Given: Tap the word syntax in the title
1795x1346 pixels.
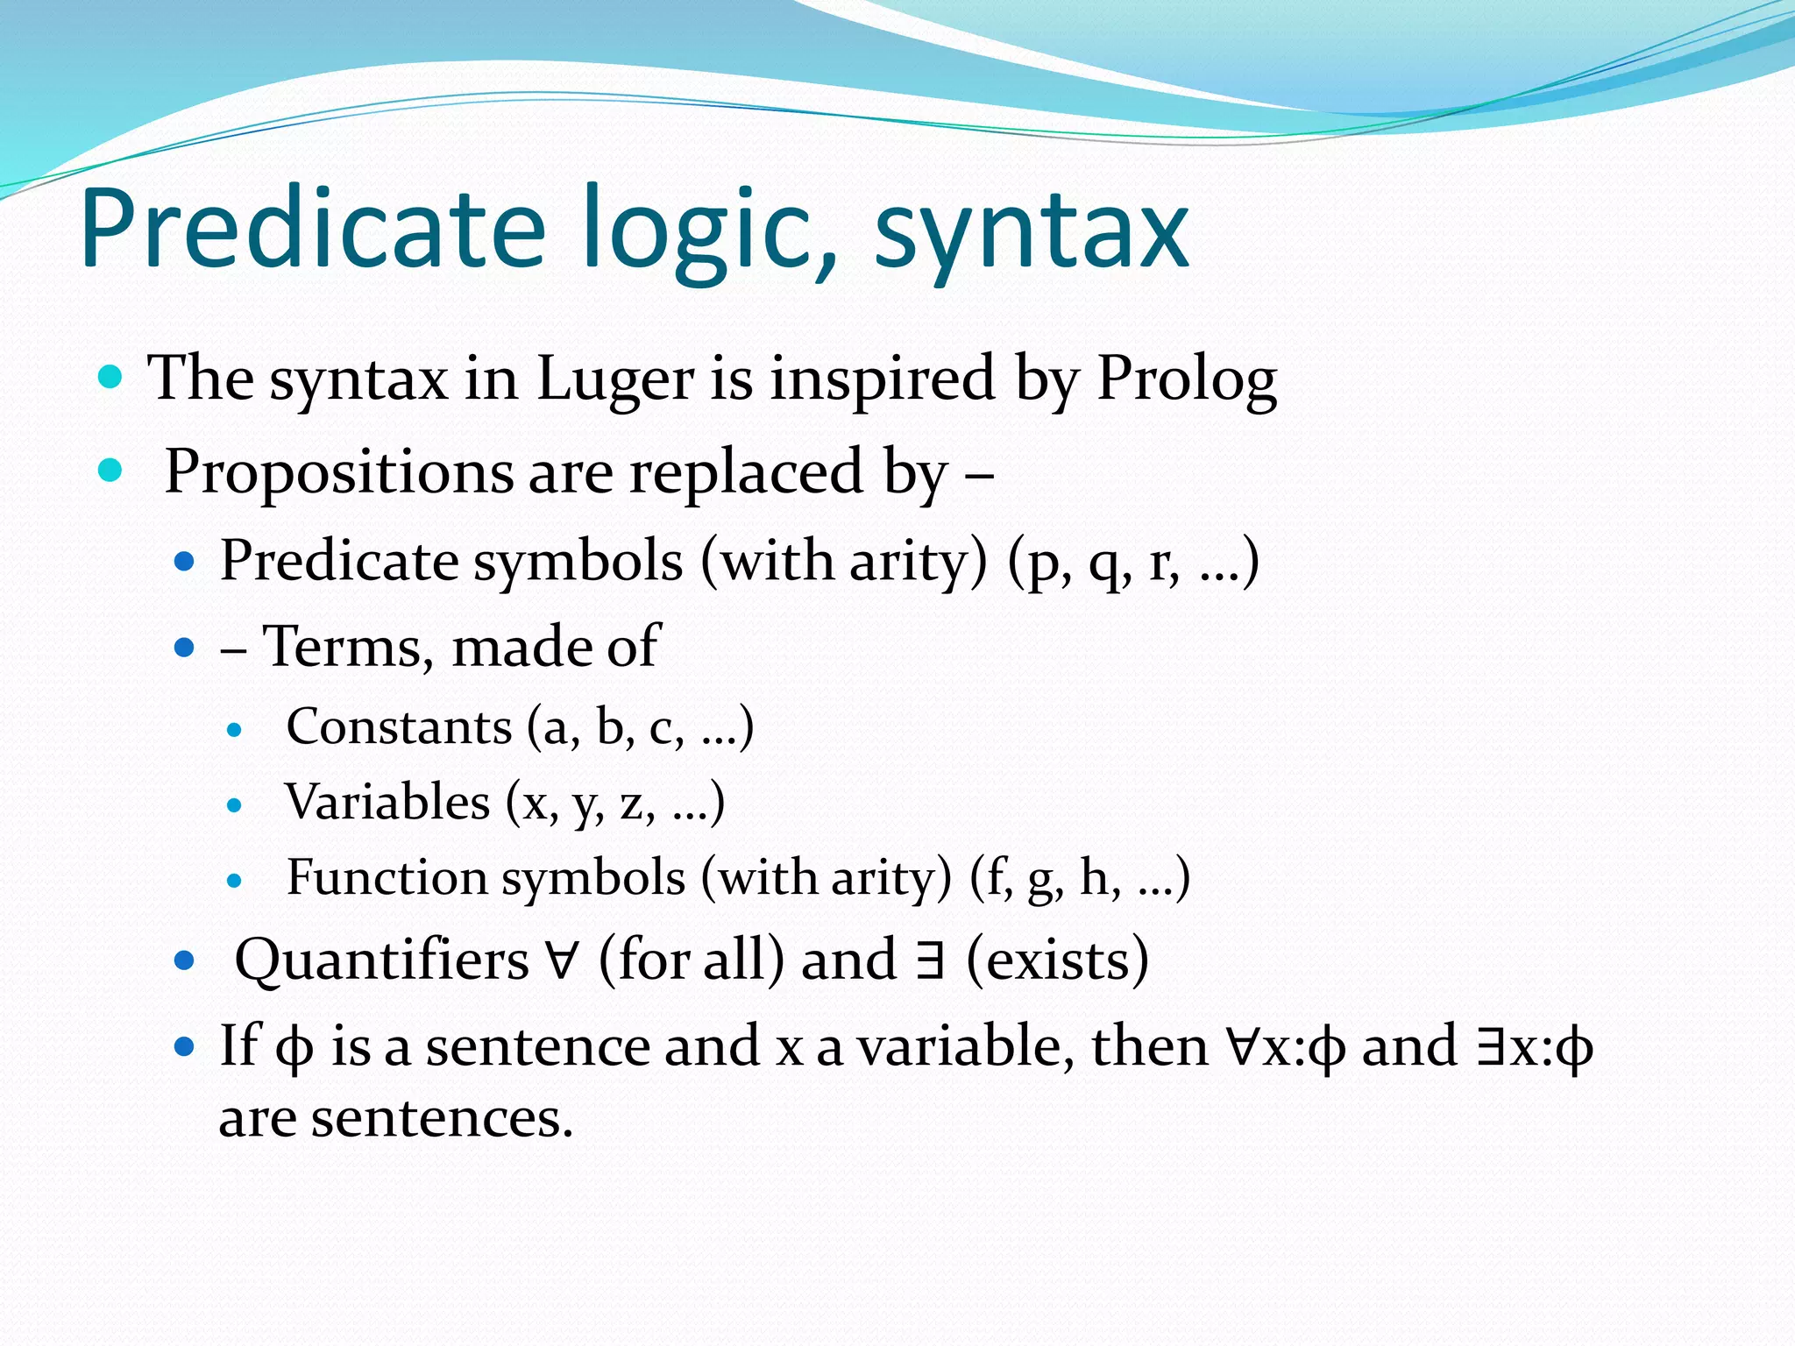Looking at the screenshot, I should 1032,232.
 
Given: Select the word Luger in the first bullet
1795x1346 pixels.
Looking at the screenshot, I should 614,379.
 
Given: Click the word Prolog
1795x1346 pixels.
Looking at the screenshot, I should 1187,380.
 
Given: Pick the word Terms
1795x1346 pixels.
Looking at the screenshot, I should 348,648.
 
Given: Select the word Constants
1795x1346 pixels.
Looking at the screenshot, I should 399,727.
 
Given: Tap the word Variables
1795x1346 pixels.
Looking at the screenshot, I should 387,803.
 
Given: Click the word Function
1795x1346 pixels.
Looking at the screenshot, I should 387,878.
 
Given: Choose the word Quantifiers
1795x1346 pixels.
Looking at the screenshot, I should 382,960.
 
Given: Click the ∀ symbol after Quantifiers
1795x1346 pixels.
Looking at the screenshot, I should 562,960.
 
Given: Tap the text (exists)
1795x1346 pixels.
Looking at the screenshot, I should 1057,960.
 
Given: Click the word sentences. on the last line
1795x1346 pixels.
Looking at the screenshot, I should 442,1119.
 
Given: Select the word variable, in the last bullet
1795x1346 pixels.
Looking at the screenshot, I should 965,1046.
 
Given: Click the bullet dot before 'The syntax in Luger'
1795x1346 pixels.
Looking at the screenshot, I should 110,378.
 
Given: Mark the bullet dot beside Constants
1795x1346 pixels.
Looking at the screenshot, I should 233,729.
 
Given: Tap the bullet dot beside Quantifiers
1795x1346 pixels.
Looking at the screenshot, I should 183,960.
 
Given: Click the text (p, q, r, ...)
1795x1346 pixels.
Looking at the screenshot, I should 1132,562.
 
